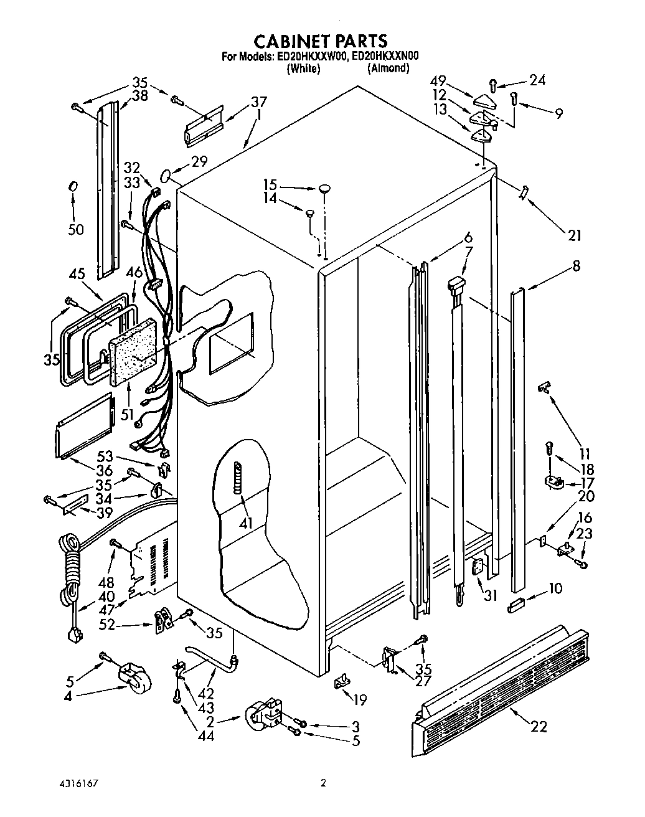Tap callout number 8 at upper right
coord(576,266)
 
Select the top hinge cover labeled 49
coord(483,100)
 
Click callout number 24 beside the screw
coord(537,80)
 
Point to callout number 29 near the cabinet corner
coord(199,163)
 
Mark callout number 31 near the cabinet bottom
coord(491,595)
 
